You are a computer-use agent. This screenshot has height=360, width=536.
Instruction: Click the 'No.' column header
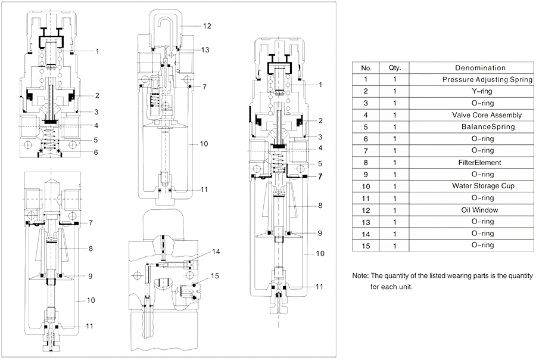click(366, 68)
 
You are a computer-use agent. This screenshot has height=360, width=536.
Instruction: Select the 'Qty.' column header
click(395, 68)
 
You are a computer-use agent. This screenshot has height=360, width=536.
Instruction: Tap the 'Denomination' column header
click(480, 68)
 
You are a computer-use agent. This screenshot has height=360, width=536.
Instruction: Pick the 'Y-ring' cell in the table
click(480, 91)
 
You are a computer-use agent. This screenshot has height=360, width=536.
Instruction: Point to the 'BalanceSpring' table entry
click(480, 126)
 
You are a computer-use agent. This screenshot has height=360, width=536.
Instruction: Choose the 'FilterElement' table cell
click(480, 162)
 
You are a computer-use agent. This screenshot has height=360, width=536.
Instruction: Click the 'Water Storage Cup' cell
click(480, 185)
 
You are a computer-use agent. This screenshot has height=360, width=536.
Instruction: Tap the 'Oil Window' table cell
click(480, 209)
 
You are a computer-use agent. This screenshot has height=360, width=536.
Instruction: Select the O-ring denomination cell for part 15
click(480, 244)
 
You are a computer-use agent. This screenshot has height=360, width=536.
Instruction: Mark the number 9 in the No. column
click(366, 174)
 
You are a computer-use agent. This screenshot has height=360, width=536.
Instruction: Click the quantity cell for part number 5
click(395, 126)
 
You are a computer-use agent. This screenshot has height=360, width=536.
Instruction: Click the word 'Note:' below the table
click(360, 276)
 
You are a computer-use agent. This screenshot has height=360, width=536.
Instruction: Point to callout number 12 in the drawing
click(207, 26)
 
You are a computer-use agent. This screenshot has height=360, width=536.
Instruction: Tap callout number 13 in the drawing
click(205, 49)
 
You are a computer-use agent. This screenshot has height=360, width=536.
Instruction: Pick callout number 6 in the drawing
click(95, 153)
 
